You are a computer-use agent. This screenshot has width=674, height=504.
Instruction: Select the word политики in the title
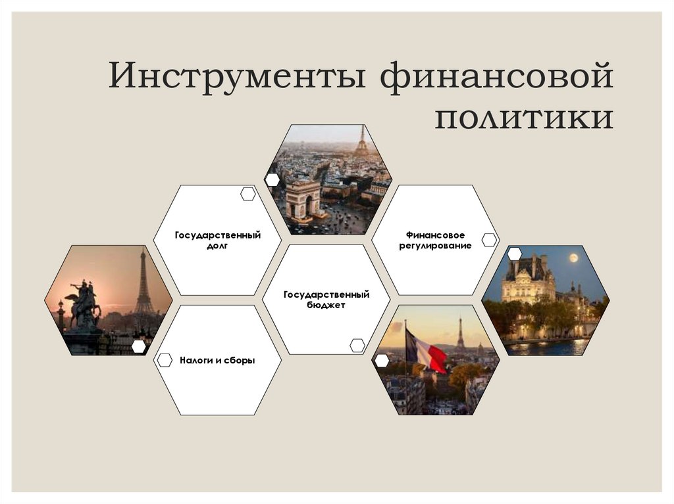(x=524, y=118)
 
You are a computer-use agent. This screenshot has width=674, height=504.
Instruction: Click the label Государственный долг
(x=217, y=240)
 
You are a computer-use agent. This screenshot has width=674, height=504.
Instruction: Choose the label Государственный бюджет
(x=326, y=300)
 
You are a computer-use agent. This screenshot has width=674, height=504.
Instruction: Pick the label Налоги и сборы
(x=217, y=360)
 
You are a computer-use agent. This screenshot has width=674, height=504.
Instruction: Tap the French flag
(x=425, y=352)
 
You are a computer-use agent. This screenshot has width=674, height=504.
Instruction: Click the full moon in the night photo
(x=573, y=257)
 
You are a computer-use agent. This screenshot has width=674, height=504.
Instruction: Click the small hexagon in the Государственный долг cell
(x=248, y=194)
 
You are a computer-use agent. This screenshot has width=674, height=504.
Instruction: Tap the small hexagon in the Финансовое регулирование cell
(x=489, y=240)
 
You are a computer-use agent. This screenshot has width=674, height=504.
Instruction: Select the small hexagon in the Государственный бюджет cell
(x=357, y=346)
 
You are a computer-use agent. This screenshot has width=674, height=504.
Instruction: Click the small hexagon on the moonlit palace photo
(x=514, y=254)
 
